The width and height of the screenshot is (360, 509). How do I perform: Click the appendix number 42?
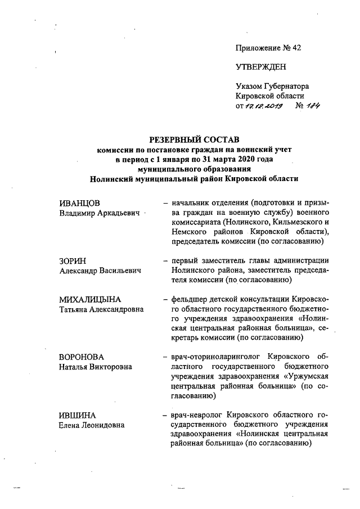point(296,48)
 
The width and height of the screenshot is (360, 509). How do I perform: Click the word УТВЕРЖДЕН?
point(261,67)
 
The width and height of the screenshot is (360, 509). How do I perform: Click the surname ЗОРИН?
point(73,260)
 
